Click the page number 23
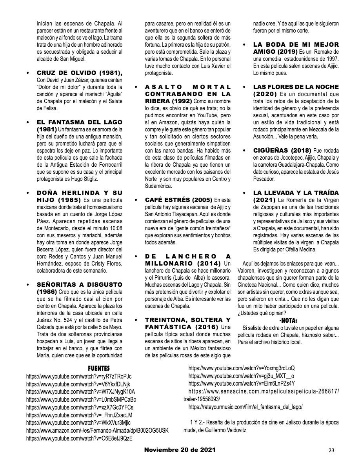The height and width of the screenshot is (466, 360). point(331,450)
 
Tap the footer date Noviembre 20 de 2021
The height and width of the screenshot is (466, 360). point(180,450)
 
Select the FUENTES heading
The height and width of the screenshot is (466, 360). point(98,368)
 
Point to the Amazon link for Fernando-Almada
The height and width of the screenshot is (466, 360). point(97,430)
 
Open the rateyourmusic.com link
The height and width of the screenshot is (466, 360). point(245,407)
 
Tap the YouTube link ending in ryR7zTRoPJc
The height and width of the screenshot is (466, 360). point(79,376)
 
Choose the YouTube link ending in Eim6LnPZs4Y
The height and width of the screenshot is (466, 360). point(242,383)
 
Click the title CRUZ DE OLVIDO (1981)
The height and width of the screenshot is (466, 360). point(80,73)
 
